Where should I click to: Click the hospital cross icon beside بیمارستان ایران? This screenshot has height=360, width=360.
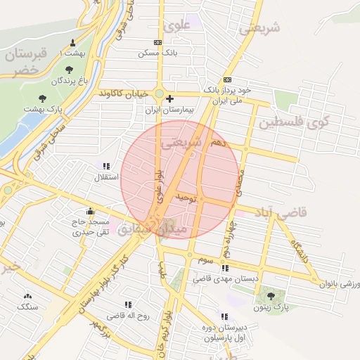point(169,99)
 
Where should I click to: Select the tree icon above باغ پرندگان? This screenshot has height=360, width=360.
point(69,69)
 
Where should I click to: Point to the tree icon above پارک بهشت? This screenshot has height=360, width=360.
point(43,98)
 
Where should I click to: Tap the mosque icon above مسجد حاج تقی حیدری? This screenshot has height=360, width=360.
point(90,210)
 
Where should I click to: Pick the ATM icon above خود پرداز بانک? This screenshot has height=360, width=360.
point(226,80)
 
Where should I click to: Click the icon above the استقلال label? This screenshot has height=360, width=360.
point(106,166)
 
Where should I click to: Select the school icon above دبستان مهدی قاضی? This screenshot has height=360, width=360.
point(224,268)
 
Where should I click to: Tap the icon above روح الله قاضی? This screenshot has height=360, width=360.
point(128,304)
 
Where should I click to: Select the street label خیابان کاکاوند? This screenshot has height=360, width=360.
point(124,93)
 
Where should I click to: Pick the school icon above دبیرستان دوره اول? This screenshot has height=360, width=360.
point(224,316)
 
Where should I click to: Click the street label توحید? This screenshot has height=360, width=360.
point(184,199)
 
